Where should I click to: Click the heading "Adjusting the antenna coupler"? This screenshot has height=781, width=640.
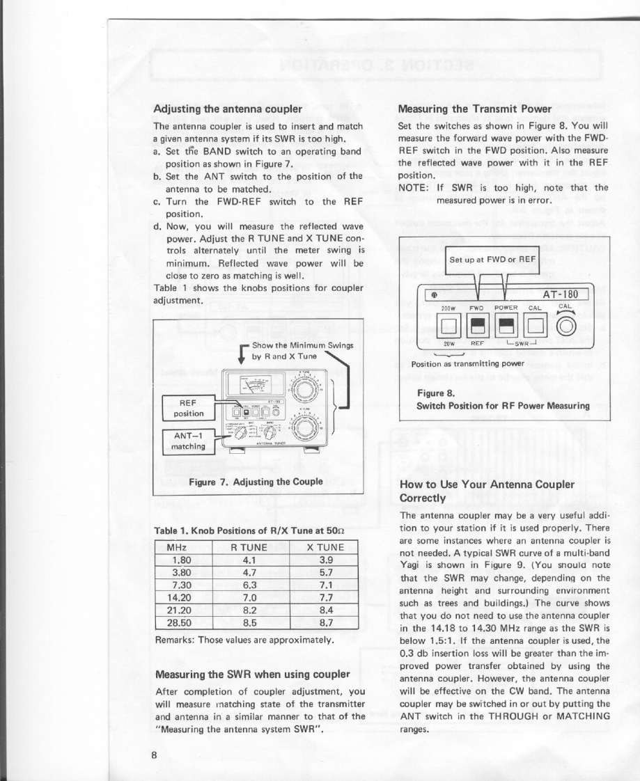tap(227, 109)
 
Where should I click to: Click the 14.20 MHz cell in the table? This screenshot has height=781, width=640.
tap(181, 598)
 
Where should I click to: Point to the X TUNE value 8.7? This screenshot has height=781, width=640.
tap(325, 623)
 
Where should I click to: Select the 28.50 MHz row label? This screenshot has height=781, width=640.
tap(181, 623)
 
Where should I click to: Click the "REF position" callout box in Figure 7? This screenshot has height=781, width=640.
tap(187, 407)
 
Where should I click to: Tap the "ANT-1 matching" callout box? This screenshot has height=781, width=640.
tap(187, 442)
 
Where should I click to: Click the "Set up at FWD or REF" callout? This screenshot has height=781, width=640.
tap(492, 260)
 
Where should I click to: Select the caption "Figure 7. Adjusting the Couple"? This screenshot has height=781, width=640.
tap(256, 482)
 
